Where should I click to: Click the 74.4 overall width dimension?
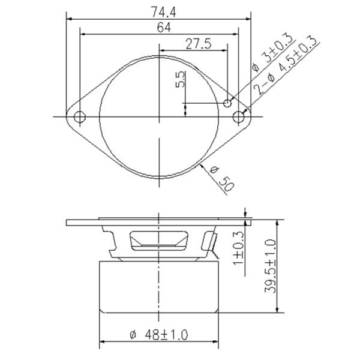point(160,10)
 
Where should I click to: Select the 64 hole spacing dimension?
point(160,28)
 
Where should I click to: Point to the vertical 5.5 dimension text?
point(181,80)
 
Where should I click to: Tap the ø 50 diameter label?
point(222,179)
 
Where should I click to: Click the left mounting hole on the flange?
point(79,116)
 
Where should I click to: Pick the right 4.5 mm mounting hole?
point(239,116)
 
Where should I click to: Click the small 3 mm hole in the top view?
point(227,103)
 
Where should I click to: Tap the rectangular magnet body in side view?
point(160,287)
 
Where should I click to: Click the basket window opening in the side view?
point(160,240)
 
